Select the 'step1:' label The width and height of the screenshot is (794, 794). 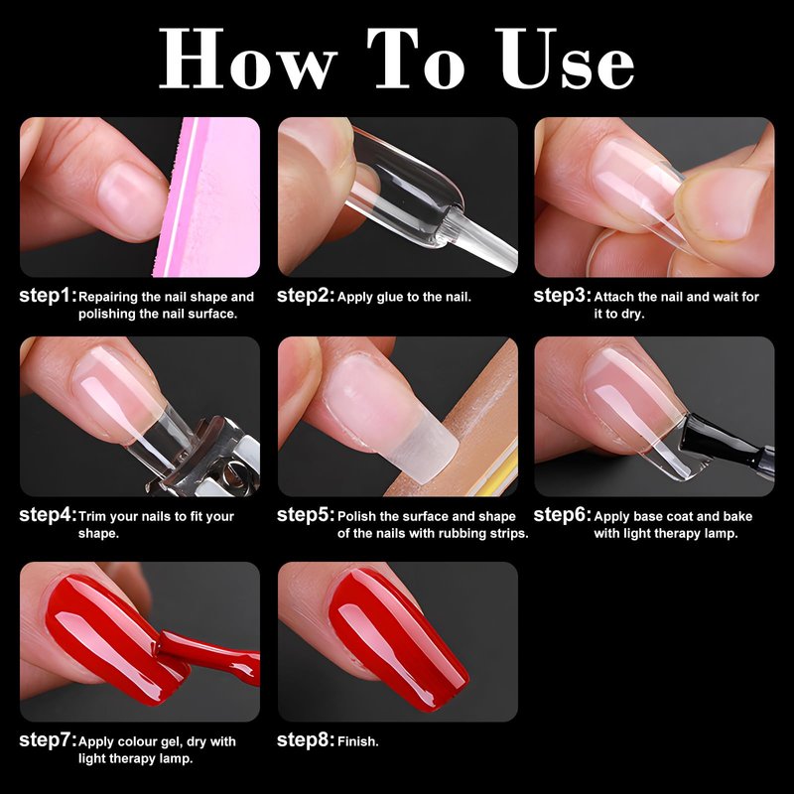pos(48,296)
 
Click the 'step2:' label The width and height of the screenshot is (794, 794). pos(306,296)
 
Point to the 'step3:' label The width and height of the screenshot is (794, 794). pos(562,296)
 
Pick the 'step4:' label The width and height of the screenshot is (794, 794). pos(48,515)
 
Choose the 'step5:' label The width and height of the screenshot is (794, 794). pos(306,515)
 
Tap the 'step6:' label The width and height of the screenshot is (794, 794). pos(562,515)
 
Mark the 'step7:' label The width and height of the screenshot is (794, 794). pos(48,740)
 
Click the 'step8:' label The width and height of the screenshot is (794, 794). pos(306,740)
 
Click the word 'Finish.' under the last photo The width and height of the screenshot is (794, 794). pos(358,741)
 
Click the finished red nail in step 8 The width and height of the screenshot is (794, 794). pos(398,639)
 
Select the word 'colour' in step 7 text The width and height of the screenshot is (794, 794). pos(138,741)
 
